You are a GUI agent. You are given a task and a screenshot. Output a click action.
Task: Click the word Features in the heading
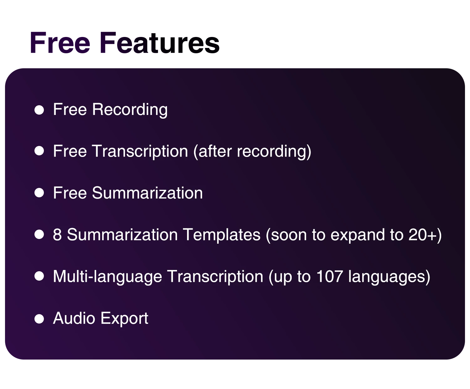(159, 43)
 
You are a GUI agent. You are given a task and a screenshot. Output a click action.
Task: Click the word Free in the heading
(60, 43)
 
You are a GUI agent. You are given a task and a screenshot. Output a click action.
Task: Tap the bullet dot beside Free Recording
(39, 110)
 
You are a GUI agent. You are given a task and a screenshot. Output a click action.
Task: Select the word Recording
(130, 110)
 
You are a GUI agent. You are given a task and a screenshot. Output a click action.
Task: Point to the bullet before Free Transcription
(39, 151)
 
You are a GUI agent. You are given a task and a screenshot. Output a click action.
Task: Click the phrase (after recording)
(252, 151)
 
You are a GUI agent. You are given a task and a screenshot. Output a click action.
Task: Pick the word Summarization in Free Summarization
(148, 193)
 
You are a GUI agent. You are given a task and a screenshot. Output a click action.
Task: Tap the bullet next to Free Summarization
(39, 193)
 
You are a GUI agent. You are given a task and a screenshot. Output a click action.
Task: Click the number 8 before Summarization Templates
(57, 235)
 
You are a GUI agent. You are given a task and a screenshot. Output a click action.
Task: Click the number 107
(330, 276)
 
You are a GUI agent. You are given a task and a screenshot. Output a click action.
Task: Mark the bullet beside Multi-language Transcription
(39, 276)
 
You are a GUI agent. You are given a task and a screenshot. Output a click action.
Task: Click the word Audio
(74, 318)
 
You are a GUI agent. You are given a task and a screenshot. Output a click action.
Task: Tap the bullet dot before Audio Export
(39, 319)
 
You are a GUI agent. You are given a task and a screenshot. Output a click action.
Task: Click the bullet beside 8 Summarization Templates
(39, 235)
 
